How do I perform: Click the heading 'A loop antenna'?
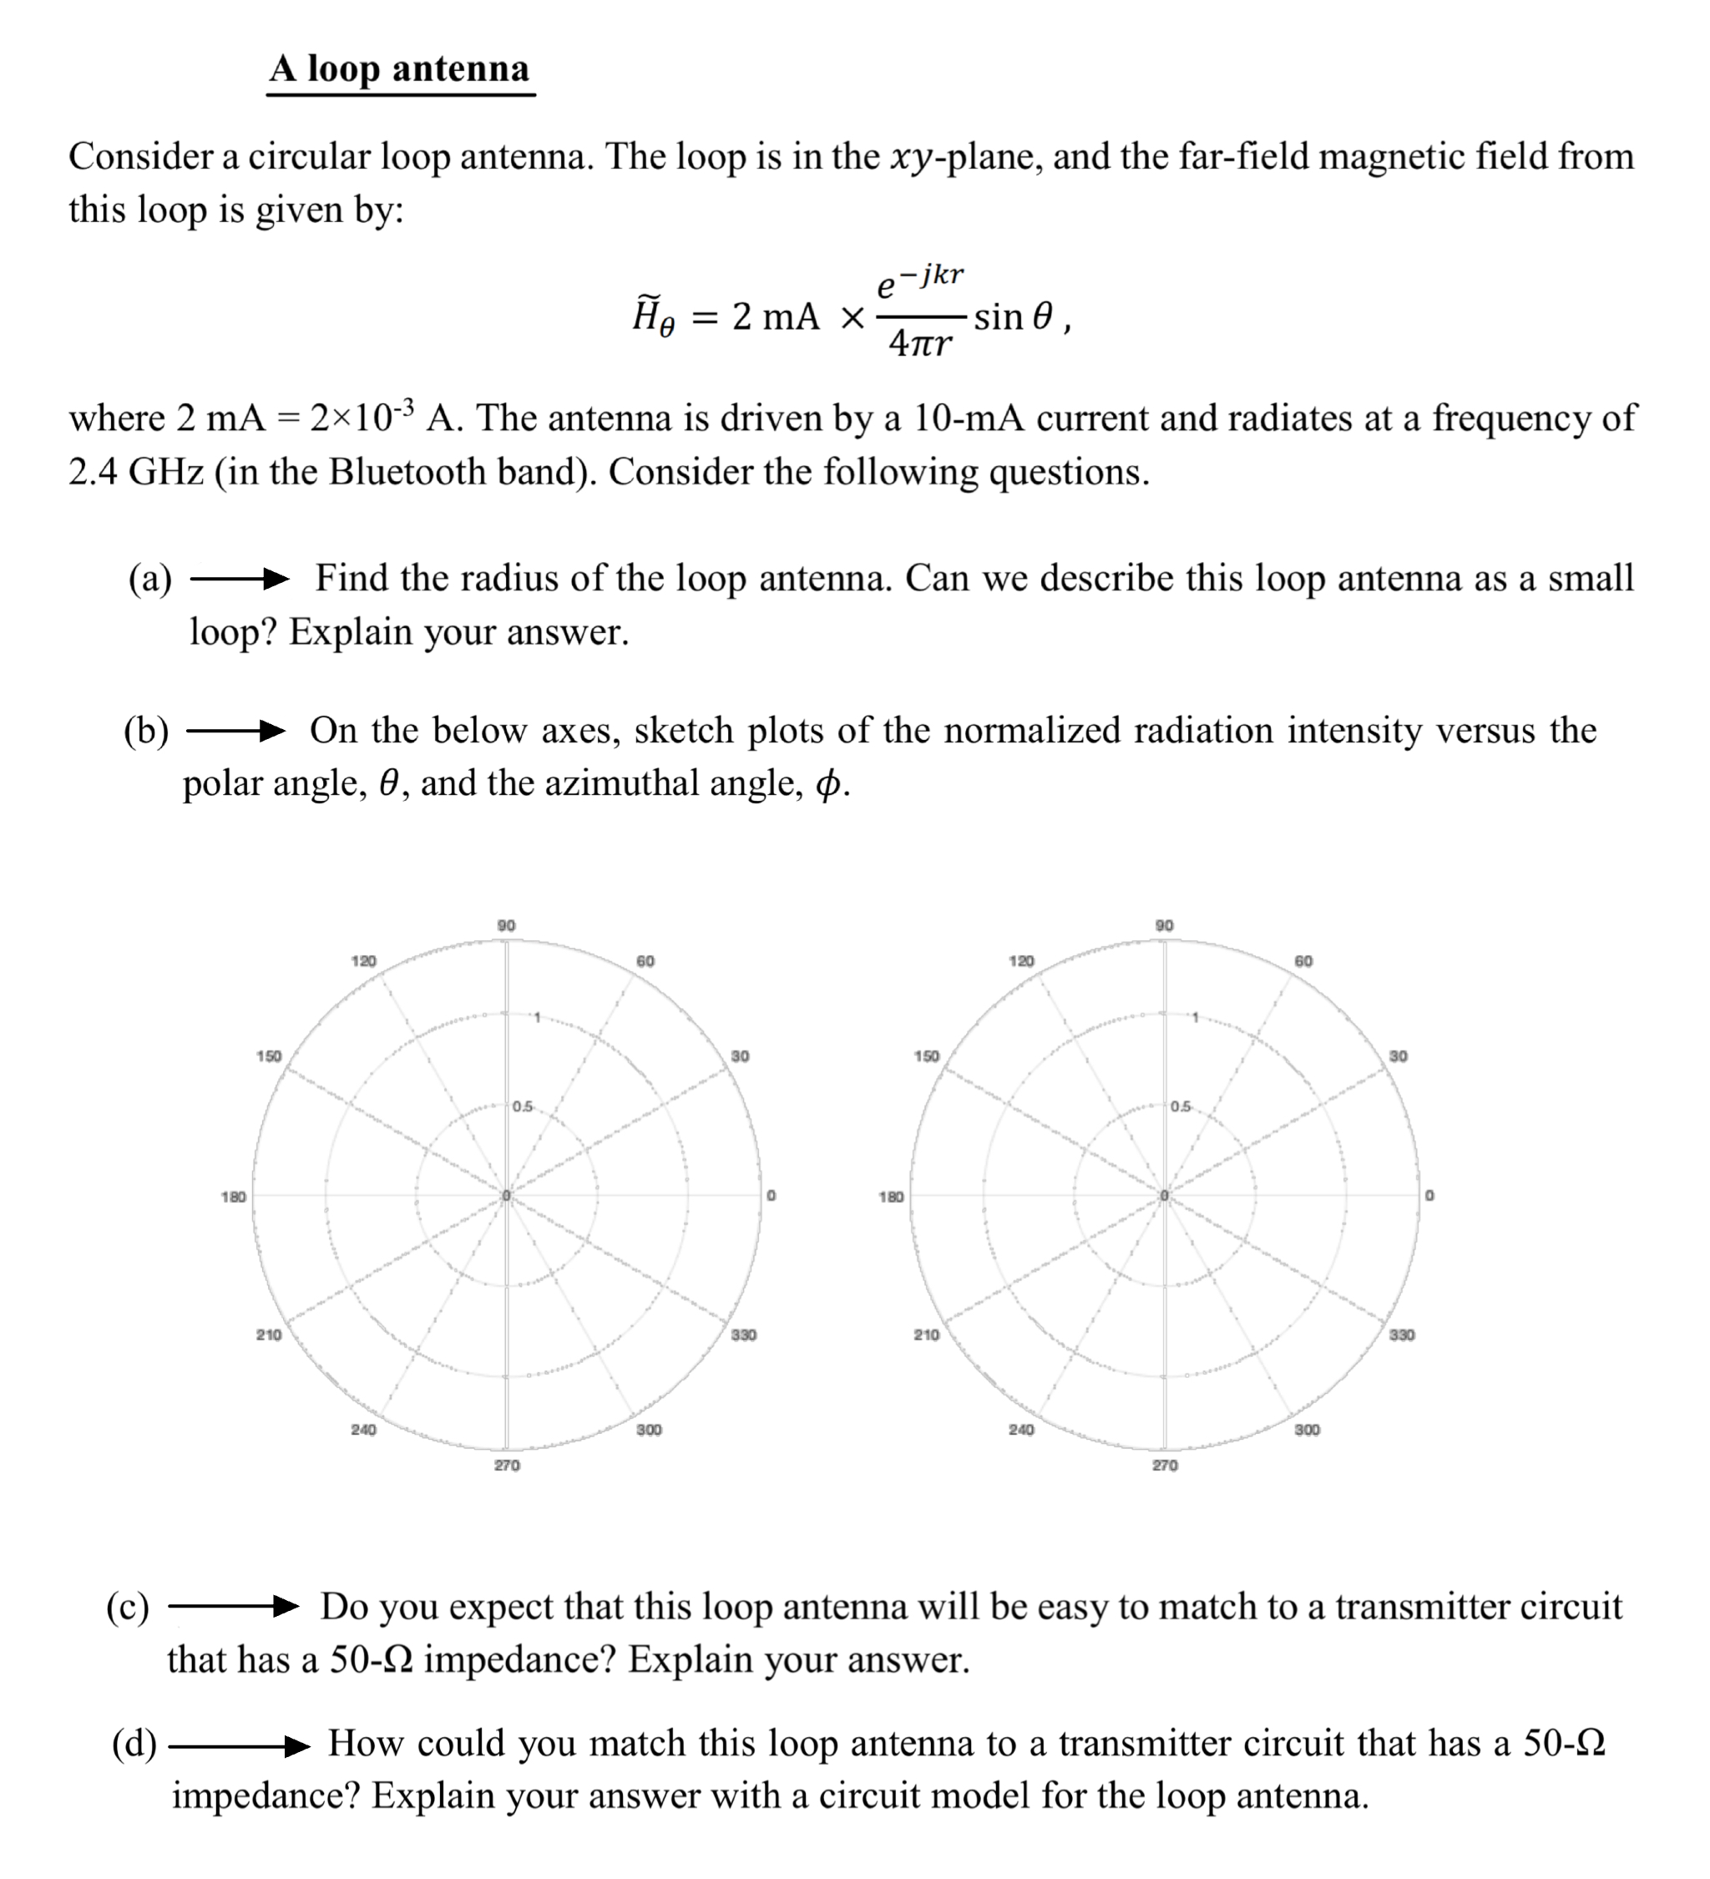pos(400,69)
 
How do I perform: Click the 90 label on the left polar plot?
pos(506,925)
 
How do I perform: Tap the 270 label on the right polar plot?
pos(1165,1465)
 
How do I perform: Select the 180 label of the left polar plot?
pos(233,1196)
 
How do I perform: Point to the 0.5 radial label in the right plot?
pos(1181,1107)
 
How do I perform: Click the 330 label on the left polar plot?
pos(744,1335)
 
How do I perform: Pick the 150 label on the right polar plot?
pos(926,1056)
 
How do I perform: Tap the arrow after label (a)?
pos(239,579)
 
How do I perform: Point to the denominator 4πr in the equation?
pos(920,344)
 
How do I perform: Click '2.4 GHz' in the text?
pos(135,472)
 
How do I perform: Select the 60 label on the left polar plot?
pos(645,961)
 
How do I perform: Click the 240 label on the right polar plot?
pos(1021,1429)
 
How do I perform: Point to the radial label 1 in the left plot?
pos(537,1017)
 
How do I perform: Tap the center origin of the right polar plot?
pos(1164,1195)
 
